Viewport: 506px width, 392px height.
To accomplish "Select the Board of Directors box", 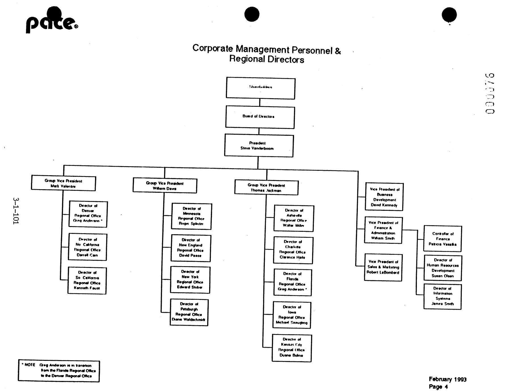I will click(x=260, y=117).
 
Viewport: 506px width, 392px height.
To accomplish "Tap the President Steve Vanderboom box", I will click(x=259, y=146).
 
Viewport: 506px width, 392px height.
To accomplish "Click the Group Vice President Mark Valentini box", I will click(x=63, y=184).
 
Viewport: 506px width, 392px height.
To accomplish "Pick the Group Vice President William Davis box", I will click(x=165, y=185).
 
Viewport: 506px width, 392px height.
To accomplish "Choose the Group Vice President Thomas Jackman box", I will click(x=266, y=188).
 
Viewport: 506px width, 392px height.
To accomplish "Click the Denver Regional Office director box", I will click(x=88, y=214).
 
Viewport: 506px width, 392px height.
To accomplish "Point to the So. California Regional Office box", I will click(x=87, y=280).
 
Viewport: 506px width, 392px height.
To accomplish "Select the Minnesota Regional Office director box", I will click(x=192, y=216).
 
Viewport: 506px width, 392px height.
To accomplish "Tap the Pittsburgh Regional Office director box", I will click(x=189, y=312).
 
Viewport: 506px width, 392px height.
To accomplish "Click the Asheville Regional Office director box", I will click(x=294, y=218).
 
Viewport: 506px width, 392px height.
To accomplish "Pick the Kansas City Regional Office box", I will click(x=292, y=348).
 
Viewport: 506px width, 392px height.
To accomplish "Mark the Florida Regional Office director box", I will click(x=292, y=282).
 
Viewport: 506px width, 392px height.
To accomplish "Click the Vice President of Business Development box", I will click(x=384, y=197).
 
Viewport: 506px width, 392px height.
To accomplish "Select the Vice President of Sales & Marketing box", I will click(x=383, y=267).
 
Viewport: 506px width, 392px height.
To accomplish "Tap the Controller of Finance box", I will click(x=443, y=239).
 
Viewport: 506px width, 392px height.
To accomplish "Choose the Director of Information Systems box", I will click(x=442, y=296).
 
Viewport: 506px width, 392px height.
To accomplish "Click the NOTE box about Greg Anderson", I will click(x=59, y=371).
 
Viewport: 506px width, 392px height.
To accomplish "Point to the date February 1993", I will click(x=448, y=379).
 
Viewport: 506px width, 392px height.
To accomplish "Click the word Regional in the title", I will click(x=245, y=59).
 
